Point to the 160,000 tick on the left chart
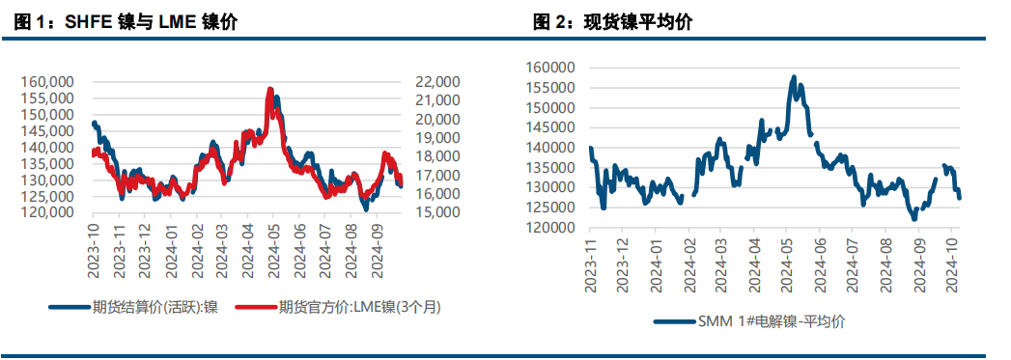[47, 82]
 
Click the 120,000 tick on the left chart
[47, 212]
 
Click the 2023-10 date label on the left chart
[93, 249]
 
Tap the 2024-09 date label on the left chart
[377, 249]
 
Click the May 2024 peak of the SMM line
[794, 77]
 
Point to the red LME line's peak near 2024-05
[270, 90]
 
